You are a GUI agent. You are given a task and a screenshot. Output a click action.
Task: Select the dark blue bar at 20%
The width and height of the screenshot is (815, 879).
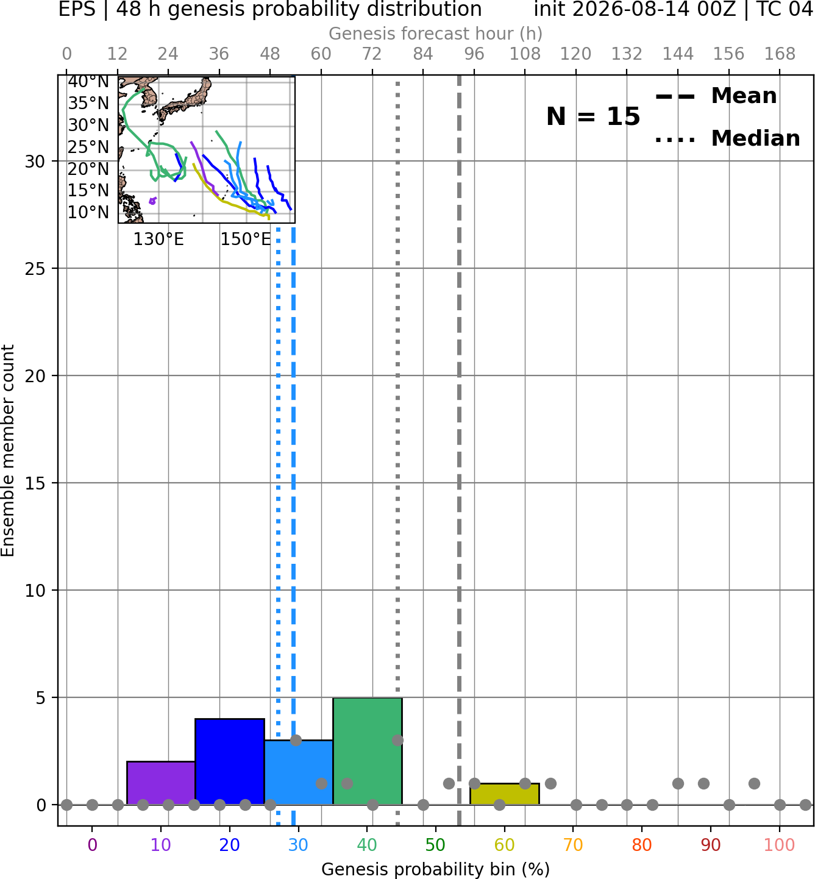(230, 762)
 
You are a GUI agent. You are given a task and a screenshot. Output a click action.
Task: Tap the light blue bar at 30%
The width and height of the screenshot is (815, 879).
(298, 772)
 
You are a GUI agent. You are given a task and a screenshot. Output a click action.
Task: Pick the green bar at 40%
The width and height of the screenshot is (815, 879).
(368, 751)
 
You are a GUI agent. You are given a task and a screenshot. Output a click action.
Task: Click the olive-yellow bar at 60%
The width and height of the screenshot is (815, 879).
(505, 794)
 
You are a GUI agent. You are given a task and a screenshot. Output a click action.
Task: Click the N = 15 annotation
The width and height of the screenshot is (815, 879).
(593, 116)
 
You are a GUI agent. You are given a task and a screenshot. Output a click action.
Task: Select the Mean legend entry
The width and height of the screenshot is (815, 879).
(716, 96)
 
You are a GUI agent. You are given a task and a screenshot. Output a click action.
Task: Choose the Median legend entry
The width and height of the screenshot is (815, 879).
(727, 138)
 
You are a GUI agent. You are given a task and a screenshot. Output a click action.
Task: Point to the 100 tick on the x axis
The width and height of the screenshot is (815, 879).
(780, 845)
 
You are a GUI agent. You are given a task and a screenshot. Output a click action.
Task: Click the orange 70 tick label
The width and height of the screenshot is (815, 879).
(573, 845)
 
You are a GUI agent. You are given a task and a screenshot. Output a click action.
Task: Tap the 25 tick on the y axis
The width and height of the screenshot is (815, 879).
(35, 269)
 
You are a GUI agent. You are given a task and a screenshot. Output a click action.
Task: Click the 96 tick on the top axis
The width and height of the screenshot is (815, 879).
(474, 54)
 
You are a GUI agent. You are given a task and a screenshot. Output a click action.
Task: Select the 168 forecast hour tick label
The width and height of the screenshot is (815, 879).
(780, 54)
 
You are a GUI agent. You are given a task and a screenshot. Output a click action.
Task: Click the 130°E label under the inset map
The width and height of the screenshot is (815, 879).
(158, 240)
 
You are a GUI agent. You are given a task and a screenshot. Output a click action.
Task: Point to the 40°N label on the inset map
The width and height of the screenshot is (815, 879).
(88, 82)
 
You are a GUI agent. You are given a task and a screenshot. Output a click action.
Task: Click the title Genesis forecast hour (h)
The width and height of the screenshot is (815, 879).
(436, 34)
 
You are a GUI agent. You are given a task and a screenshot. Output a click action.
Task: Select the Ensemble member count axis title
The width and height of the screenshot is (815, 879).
(8, 450)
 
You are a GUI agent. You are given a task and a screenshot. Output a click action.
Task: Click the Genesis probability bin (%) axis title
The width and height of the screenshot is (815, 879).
(436, 869)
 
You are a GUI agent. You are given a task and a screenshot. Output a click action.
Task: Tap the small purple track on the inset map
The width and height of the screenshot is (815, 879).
(153, 201)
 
